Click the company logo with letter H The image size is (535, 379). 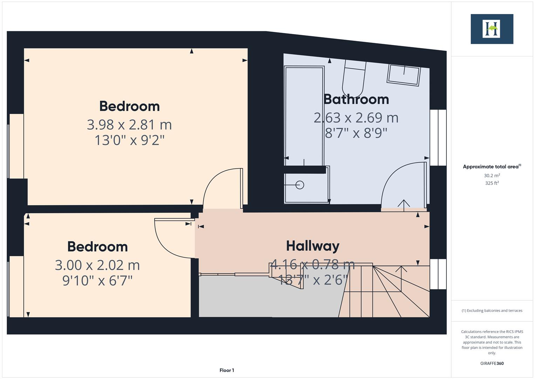[492, 29]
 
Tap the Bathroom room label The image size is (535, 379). [356, 99]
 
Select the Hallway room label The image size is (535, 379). [313, 246]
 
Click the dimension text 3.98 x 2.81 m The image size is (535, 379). [129, 125]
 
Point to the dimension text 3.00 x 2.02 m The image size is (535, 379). [97, 265]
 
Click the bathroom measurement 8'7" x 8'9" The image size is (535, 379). [356, 133]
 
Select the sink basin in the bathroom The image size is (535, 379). [404, 75]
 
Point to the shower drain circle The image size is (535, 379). [300, 185]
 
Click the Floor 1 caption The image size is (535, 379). [227, 370]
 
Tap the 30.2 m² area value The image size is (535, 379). [492, 175]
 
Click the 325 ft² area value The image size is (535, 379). [492, 183]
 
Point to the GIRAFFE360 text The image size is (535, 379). [492, 363]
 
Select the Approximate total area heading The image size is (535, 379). [492, 167]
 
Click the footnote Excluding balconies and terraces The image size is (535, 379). [492, 311]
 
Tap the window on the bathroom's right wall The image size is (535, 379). [438, 138]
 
